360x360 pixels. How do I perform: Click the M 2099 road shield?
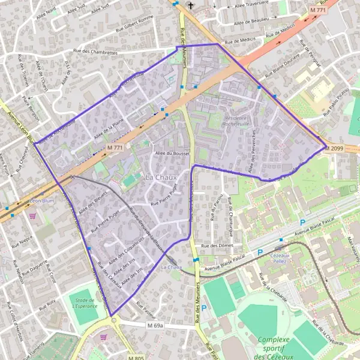[335, 148]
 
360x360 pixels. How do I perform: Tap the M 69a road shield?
[154, 325]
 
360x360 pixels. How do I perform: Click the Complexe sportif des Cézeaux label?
[278, 348]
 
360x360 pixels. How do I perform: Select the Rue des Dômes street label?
[217, 246]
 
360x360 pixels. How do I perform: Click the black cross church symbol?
[191, 7]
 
